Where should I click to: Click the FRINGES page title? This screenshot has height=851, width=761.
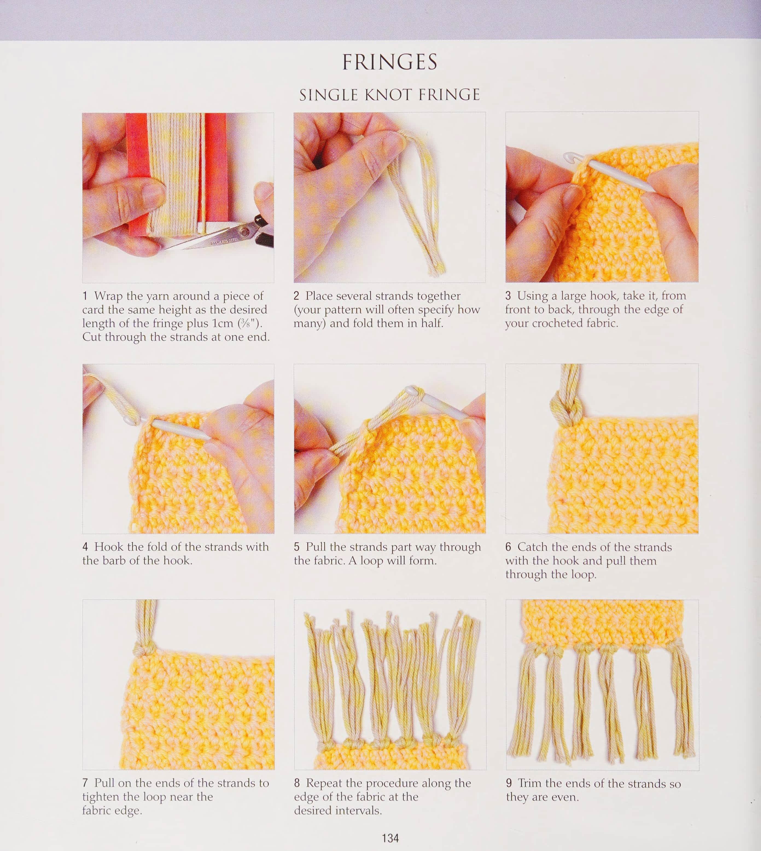pos(390,62)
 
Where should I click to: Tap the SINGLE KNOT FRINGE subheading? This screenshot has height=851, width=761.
pos(390,95)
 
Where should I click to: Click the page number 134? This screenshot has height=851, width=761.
pos(390,838)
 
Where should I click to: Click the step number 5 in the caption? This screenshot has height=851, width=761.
pos(297,547)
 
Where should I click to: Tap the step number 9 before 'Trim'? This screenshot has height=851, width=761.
pos(509,783)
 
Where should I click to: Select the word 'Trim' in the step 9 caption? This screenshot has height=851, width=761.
pos(530,783)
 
